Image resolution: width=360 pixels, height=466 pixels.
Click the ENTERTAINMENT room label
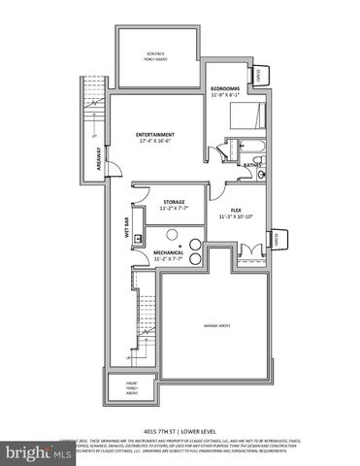(154, 134)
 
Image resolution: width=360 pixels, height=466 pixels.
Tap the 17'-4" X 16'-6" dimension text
(154, 141)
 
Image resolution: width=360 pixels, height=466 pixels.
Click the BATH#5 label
(251, 166)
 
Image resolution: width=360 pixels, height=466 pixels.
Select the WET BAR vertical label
(126, 227)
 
